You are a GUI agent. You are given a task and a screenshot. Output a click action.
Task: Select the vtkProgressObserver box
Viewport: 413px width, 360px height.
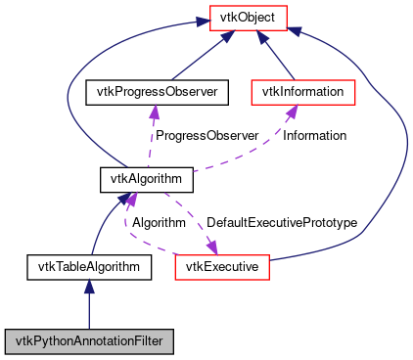[157, 92]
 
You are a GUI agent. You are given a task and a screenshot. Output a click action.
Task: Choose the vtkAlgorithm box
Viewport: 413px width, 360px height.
[146, 179]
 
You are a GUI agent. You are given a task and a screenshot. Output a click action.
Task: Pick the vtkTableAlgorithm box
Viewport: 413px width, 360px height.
[88, 265]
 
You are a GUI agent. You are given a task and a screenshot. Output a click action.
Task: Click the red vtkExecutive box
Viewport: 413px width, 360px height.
[221, 265]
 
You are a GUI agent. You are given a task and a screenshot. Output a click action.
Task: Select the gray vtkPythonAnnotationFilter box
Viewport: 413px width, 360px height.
[89, 341]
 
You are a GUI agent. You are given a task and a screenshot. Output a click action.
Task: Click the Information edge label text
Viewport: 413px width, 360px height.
[315, 135]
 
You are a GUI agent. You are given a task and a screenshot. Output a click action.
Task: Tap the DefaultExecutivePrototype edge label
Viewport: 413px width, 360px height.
[281, 222]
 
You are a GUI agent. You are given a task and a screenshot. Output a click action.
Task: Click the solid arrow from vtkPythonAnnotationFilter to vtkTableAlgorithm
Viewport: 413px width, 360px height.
[89, 308]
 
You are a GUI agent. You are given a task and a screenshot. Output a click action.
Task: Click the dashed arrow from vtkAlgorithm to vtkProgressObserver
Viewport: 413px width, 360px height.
[151, 137]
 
